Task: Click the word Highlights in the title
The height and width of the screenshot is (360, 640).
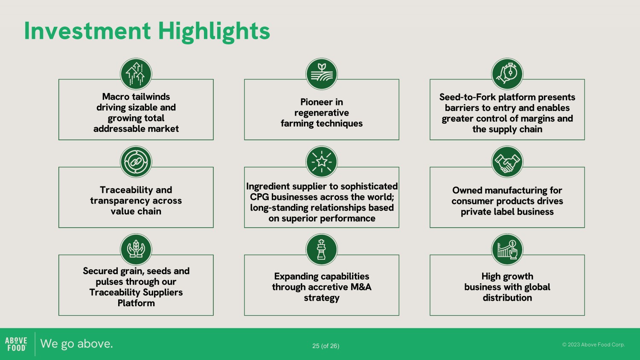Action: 214,32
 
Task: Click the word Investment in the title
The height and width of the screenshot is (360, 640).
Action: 87,31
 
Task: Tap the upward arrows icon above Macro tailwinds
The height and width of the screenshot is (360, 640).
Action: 136,74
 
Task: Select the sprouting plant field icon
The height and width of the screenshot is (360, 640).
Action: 322,74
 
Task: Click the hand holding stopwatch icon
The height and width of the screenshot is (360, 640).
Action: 507,74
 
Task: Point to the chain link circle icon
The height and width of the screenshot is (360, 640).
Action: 136,162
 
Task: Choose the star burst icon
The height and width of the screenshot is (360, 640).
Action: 322,162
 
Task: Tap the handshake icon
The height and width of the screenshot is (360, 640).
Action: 507,162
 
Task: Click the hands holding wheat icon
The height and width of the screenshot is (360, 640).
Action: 136,250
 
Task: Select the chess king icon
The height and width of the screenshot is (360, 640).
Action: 322,250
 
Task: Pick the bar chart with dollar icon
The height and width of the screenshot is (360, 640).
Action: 507,250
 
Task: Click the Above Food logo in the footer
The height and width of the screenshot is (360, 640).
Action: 16,344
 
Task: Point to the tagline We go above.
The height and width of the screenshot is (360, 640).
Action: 76,344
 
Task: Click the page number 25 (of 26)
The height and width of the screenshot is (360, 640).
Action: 326,346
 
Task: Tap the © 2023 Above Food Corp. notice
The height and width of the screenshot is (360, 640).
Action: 593,345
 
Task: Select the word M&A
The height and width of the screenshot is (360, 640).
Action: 361,287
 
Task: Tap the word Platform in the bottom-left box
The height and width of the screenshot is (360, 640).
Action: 136,303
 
